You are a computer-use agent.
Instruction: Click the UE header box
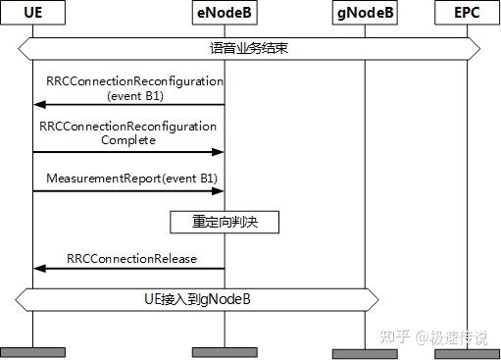tap(32, 15)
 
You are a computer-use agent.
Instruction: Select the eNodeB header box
tap(225, 15)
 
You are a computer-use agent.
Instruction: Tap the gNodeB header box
tap(365, 15)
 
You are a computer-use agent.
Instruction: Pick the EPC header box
tap(467, 15)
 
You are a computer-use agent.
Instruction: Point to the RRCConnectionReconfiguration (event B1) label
tap(134, 88)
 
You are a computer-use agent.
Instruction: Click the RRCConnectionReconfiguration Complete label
tap(128, 133)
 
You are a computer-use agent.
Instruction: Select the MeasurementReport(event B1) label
tap(131, 178)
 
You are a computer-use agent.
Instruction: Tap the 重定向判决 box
tap(225, 223)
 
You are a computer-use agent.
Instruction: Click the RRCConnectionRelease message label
tap(132, 258)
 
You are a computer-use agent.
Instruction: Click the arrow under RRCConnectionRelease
tap(128, 269)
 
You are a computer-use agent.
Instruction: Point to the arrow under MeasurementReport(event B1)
tap(128, 190)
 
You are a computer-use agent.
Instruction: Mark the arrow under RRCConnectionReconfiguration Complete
tap(128, 152)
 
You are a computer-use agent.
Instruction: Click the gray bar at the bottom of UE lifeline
tap(32, 351)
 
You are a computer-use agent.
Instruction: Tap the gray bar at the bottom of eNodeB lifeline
tap(225, 351)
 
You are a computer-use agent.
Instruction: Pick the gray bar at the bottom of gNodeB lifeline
tap(365, 353)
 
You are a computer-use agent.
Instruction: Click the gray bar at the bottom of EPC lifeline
tap(467, 353)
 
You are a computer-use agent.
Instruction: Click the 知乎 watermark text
tap(394, 336)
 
